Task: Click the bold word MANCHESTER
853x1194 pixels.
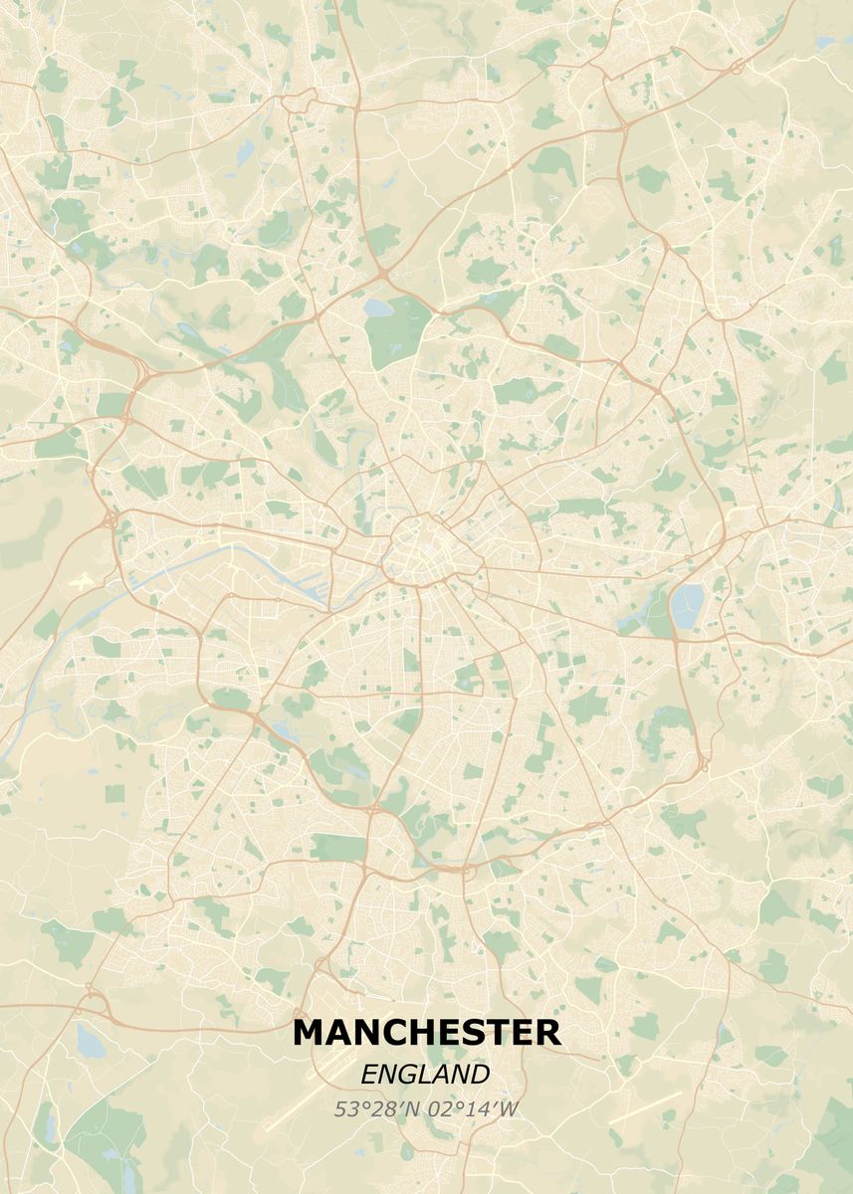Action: click(x=426, y=1032)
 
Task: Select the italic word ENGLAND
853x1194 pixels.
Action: click(x=425, y=1075)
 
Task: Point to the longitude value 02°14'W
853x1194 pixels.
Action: click(x=472, y=1108)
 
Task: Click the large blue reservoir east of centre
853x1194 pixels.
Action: click(x=686, y=602)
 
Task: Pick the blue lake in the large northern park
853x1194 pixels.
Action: click(x=378, y=307)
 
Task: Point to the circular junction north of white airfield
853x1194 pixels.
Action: click(x=108, y=518)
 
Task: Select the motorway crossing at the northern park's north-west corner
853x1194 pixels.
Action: click(x=382, y=273)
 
